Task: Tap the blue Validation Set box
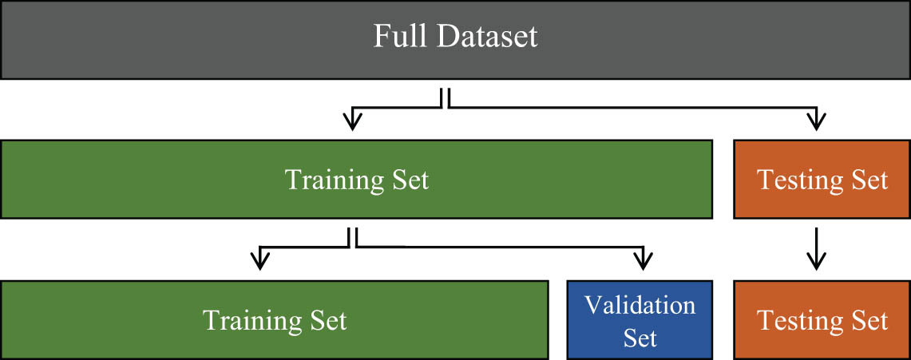pos(640,319)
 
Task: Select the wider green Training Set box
pos(356,180)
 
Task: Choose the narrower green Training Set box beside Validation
pos(274,319)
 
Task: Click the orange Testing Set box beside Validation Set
pos(822,319)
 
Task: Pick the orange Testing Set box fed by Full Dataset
pos(822,180)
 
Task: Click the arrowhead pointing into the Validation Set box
pos(642,261)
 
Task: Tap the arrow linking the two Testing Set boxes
pos(815,249)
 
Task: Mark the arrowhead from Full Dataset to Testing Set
pos(815,121)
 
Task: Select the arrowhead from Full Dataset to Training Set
pos(352,121)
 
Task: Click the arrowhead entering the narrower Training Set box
pos(259,261)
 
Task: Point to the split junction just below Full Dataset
pos(445,99)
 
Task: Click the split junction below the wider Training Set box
pos(352,238)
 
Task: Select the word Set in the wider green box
pos(406,180)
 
